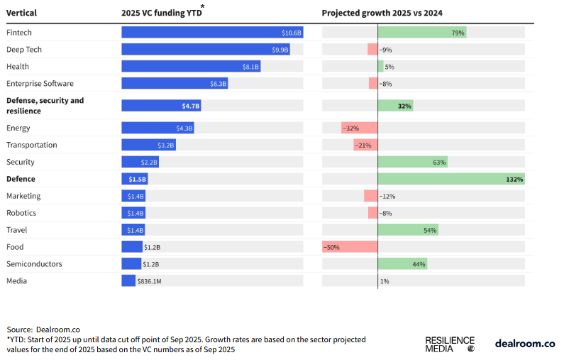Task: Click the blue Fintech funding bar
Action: [212, 33]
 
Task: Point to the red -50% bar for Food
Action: [350, 247]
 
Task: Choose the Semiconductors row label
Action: [34, 264]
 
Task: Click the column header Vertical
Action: [22, 13]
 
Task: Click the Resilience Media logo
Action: [450, 344]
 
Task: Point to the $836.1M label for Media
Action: [150, 281]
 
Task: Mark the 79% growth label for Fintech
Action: [458, 33]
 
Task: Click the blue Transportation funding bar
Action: [148, 146]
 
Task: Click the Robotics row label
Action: [21, 213]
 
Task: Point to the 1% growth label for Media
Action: [385, 281]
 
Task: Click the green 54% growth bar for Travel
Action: [408, 230]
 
